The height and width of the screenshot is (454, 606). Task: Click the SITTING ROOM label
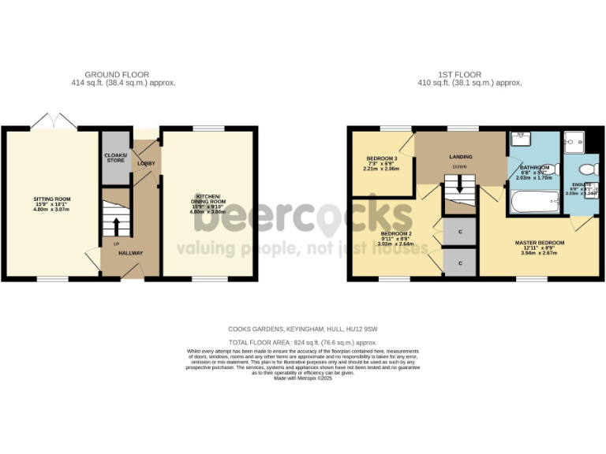coord(49,199)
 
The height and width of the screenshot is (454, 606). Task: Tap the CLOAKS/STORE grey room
coord(116,158)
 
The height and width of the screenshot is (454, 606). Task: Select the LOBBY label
coord(146,164)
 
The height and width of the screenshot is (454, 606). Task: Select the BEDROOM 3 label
coord(381,158)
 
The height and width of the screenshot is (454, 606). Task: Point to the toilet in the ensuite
coord(585,169)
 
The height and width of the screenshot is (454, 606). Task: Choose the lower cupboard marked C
coord(459,262)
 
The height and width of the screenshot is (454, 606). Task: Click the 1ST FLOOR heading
coord(470,75)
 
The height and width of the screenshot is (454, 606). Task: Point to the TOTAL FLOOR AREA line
coord(303,343)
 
